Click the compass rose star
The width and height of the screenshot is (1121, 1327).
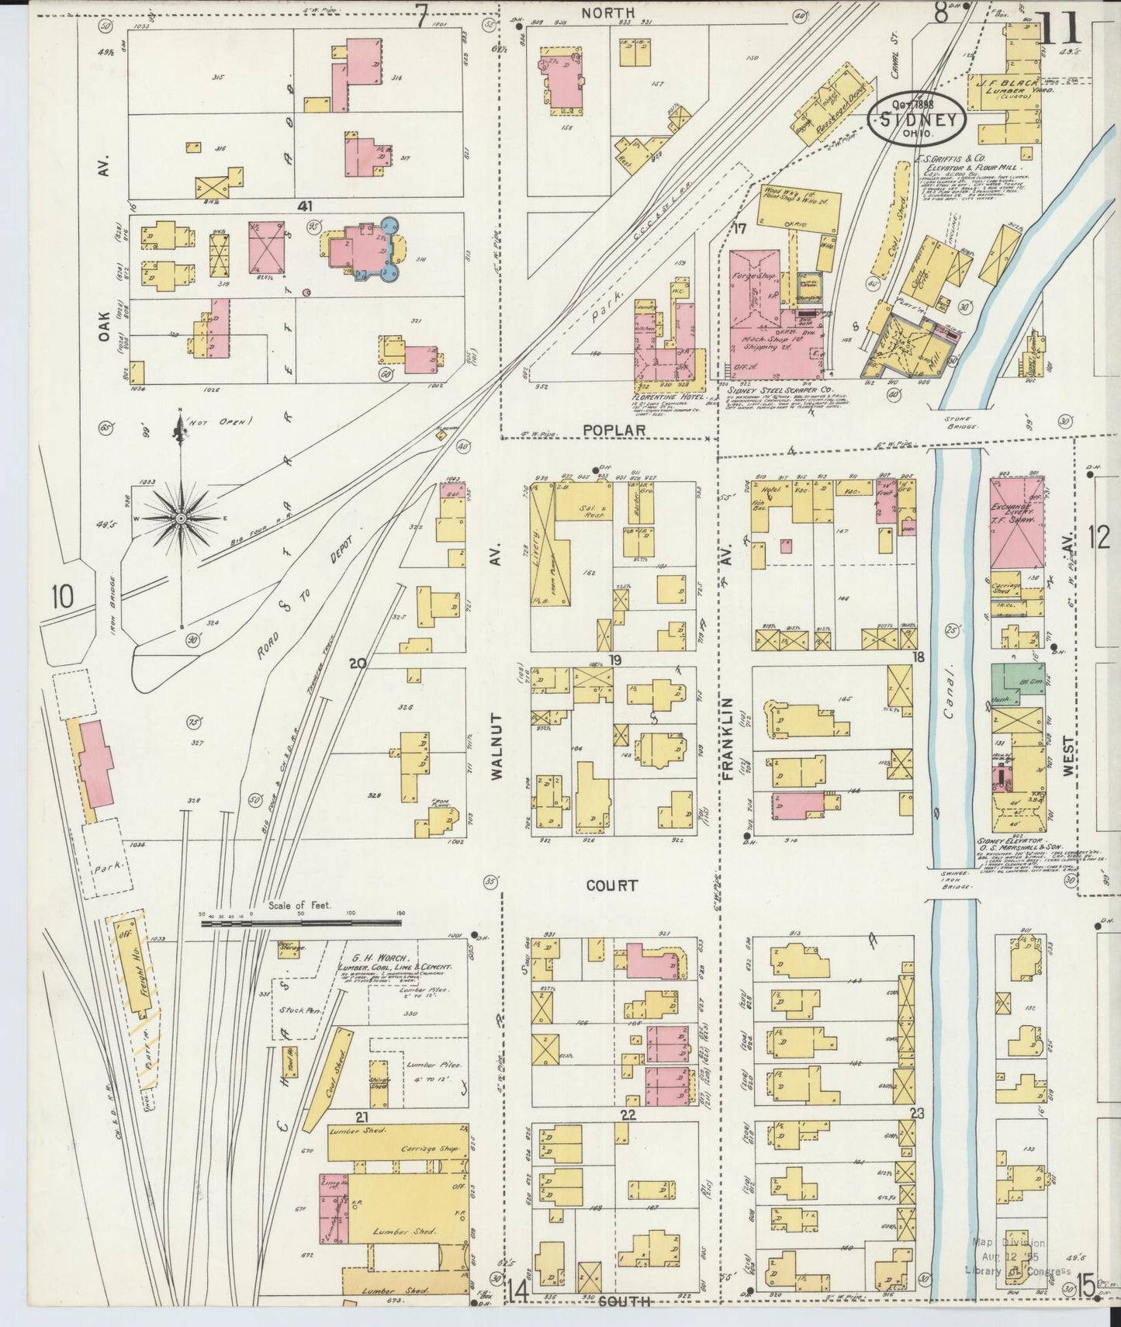point(182,517)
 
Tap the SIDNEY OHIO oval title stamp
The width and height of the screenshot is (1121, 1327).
point(917,120)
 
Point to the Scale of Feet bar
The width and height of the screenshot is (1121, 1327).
point(303,923)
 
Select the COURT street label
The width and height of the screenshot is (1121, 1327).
point(612,885)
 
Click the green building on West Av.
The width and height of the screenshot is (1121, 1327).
point(1017,681)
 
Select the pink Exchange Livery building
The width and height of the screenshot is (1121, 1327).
point(1016,535)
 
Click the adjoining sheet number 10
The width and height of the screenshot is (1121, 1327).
point(62,596)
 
